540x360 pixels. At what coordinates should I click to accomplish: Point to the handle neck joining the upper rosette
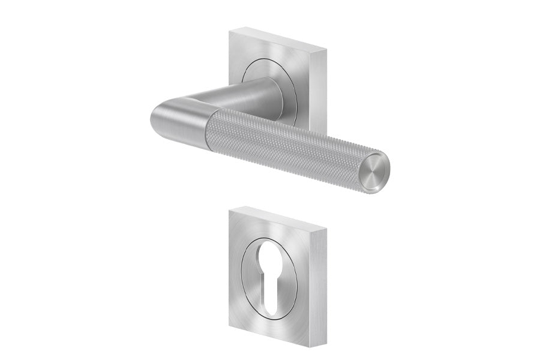click(258, 93)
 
